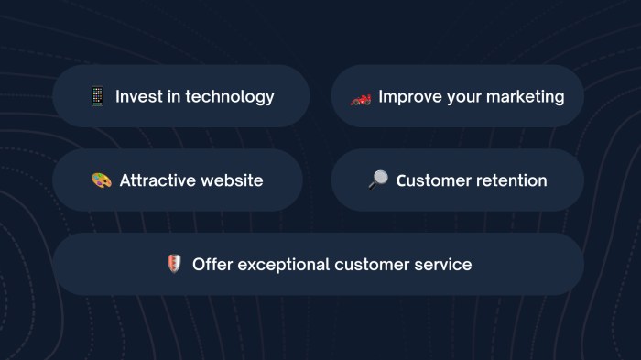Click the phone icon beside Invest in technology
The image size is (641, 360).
click(x=97, y=96)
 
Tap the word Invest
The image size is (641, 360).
click(x=138, y=96)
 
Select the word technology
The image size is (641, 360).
click(x=230, y=96)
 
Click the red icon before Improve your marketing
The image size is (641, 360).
click(x=361, y=97)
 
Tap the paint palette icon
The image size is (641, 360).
click(x=102, y=180)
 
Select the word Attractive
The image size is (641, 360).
click(x=158, y=180)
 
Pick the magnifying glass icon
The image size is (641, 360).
click(x=377, y=180)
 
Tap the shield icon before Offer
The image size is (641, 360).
click(x=174, y=264)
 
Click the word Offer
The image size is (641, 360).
click(x=212, y=264)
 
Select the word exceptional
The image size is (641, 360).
click(x=283, y=265)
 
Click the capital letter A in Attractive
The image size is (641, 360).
click(x=125, y=180)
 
